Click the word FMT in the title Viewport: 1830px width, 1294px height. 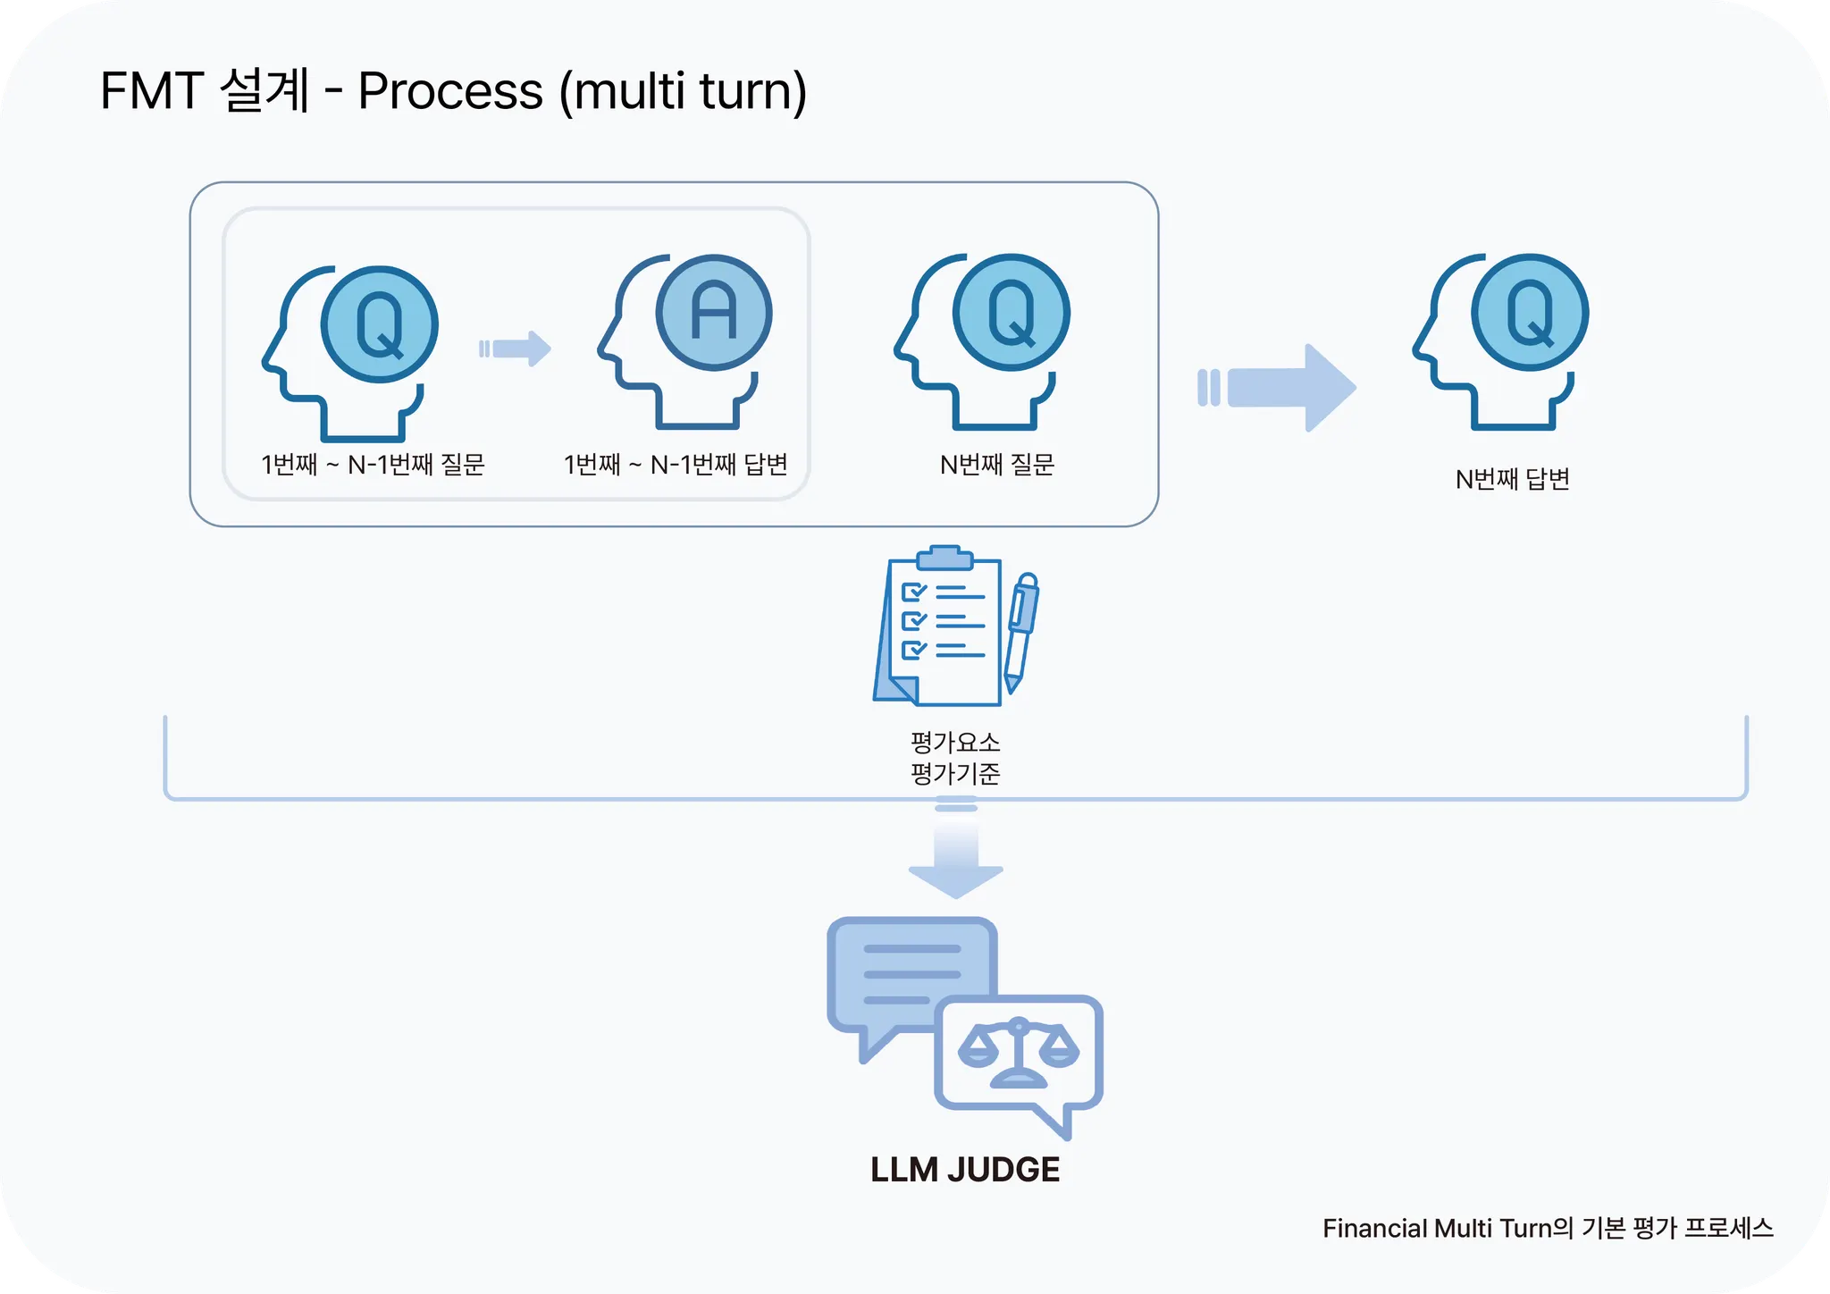click(151, 91)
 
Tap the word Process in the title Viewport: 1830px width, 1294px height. click(450, 91)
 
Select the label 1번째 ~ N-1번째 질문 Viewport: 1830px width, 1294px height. click(373, 465)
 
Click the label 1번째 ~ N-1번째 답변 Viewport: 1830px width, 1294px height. click(676, 465)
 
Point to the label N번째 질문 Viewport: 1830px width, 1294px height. click(997, 465)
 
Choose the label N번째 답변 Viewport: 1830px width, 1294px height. click(1513, 480)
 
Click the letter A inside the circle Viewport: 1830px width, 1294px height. click(714, 312)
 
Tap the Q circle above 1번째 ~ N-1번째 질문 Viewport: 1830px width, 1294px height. click(380, 324)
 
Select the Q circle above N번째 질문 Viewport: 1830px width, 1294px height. click(1012, 313)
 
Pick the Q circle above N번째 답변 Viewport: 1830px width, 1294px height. click(1530, 313)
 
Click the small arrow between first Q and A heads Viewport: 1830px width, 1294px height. click(516, 349)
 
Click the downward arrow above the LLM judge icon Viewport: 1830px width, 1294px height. click(956, 858)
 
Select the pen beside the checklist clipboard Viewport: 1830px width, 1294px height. click(1021, 631)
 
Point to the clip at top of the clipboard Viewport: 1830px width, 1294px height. click(944, 558)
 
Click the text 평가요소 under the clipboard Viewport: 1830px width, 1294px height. click(955, 742)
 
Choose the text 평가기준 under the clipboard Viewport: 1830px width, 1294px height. click(955, 773)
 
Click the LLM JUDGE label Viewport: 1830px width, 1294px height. click(965, 1170)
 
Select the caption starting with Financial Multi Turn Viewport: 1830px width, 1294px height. click(1548, 1229)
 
